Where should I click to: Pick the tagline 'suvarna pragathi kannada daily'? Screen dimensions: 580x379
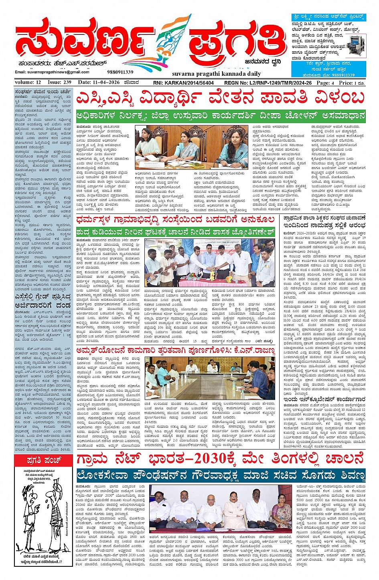[x=217, y=74]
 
